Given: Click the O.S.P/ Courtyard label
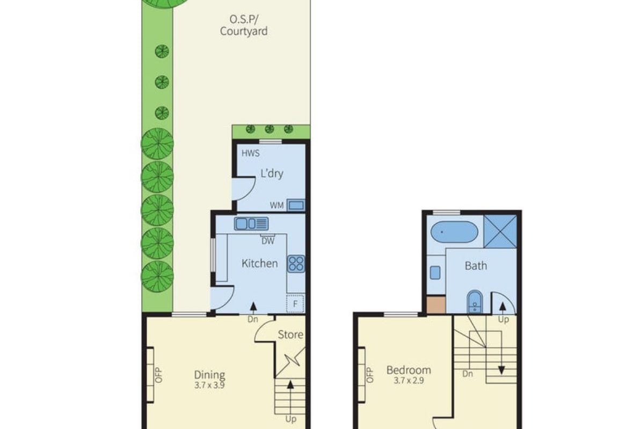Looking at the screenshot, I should (243, 26).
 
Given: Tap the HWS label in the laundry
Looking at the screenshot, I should (251, 153).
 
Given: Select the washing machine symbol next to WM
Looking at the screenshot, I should (296, 205).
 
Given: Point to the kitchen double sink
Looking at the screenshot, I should (251, 223).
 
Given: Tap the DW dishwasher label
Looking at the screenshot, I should (267, 241).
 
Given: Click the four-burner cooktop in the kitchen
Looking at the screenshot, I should (296, 263).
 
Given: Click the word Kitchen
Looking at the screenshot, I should (259, 263).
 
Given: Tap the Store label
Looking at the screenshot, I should (290, 335).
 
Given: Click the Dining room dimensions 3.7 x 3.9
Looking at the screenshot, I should (209, 384).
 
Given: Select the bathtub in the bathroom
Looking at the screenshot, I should (454, 232).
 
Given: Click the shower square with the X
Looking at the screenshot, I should (500, 231).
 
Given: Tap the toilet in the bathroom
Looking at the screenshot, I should (475, 302).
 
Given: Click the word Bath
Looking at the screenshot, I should (476, 265).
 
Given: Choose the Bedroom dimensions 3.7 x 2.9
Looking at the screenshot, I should (409, 380).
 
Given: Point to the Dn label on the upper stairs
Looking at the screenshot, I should (467, 374).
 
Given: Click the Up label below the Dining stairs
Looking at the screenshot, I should (290, 419).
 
